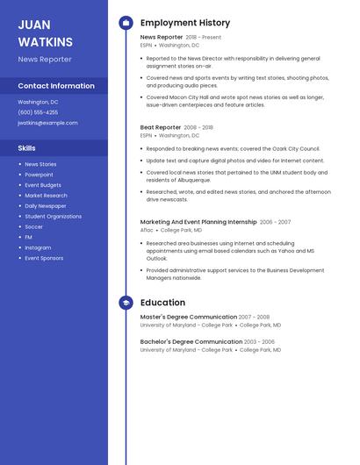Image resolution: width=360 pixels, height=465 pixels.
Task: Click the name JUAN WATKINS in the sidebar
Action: [46, 32]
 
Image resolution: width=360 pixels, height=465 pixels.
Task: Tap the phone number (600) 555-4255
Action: [38, 112]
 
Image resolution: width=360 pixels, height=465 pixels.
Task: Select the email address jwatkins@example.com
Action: [47, 123]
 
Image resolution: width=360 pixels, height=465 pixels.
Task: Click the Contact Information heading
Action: [56, 86]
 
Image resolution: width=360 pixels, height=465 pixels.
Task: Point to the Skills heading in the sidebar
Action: [27, 148]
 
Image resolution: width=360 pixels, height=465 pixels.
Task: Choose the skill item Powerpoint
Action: [39, 175]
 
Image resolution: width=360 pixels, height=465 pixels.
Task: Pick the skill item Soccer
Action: [33, 226]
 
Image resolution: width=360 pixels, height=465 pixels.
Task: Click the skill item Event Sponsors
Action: [44, 258]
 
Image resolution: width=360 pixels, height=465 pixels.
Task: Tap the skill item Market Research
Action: [46, 196]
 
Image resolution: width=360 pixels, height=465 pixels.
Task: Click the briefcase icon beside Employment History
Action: [126, 23]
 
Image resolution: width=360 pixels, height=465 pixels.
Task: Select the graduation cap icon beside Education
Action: [126, 303]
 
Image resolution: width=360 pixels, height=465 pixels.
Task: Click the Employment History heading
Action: [185, 23]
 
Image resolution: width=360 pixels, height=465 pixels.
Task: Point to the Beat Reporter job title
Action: [161, 127]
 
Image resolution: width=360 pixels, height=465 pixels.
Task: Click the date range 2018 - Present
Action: [203, 38]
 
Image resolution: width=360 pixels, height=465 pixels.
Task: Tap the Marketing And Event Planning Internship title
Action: [198, 222]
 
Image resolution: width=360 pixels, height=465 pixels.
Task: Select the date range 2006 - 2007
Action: [275, 222]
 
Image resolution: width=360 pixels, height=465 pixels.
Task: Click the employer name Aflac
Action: [147, 230]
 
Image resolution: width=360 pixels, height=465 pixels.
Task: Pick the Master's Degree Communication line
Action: [189, 317]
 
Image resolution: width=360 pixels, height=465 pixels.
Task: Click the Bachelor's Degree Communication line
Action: [191, 341]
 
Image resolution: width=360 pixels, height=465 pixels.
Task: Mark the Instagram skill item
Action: [38, 247]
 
